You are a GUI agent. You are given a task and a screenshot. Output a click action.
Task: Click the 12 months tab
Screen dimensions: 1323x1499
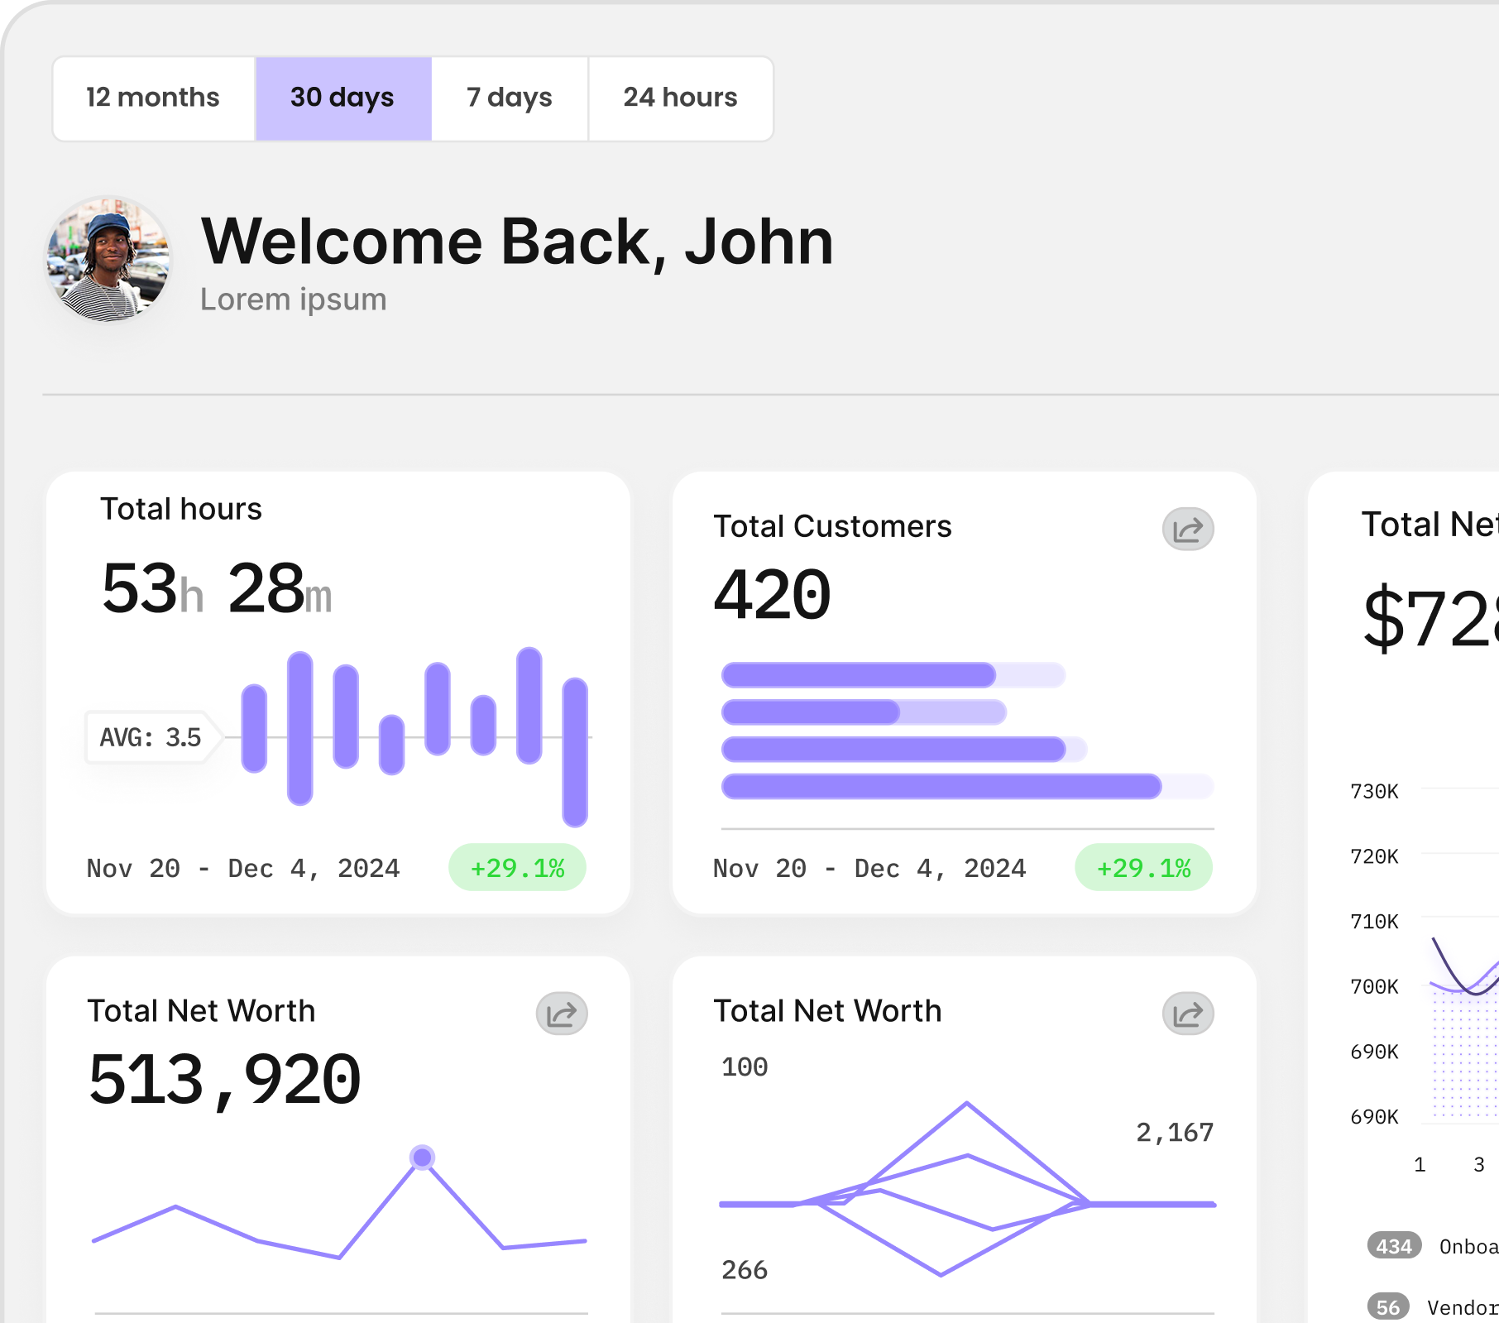(x=153, y=98)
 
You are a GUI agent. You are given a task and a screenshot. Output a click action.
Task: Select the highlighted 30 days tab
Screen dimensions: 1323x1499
(x=342, y=98)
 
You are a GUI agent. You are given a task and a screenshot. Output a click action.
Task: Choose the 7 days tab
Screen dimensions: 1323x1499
(x=509, y=98)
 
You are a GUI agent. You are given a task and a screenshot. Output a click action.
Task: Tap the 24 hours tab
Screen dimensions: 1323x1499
(x=680, y=98)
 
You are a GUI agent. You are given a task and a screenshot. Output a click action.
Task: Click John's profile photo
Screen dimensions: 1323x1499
(x=108, y=260)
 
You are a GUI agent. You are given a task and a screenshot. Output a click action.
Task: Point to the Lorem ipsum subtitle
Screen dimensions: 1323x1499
(x=293, y=300)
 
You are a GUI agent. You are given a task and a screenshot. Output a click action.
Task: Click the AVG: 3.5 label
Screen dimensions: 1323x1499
(x=151, y=736)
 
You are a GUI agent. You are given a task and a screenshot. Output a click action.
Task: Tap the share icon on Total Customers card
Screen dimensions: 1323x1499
(x=1187, y=530)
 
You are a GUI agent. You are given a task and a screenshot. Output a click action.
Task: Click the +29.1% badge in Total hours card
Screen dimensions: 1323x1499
(x=517, y=868)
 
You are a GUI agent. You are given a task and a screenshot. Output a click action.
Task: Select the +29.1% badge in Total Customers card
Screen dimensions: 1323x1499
(x=1143, y=868)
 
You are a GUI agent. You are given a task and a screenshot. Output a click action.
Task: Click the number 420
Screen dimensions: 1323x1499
(x=772, y=595)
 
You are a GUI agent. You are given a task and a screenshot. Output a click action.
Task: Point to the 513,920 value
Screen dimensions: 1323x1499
(x=224, y=1080)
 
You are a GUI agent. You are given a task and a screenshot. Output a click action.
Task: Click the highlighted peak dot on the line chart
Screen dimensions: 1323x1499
(x=422, y=1157)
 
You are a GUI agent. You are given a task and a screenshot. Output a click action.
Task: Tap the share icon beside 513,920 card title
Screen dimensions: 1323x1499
(x=561, y=1014)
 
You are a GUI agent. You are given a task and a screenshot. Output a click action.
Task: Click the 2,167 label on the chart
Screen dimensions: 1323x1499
(x=1174, y=1132)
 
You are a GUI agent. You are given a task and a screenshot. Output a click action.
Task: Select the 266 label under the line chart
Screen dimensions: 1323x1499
(x=744, y=1270)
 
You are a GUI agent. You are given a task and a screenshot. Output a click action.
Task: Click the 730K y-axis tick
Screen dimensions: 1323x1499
(x=1374, y=792)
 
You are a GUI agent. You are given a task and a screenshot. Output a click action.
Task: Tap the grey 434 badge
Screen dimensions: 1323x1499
(x=1394, y=1246)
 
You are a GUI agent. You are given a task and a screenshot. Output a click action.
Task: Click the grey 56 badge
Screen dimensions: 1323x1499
(x=1387, y=1307)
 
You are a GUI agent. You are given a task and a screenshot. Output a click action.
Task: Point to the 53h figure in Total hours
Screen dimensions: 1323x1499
(x=151, y=589)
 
